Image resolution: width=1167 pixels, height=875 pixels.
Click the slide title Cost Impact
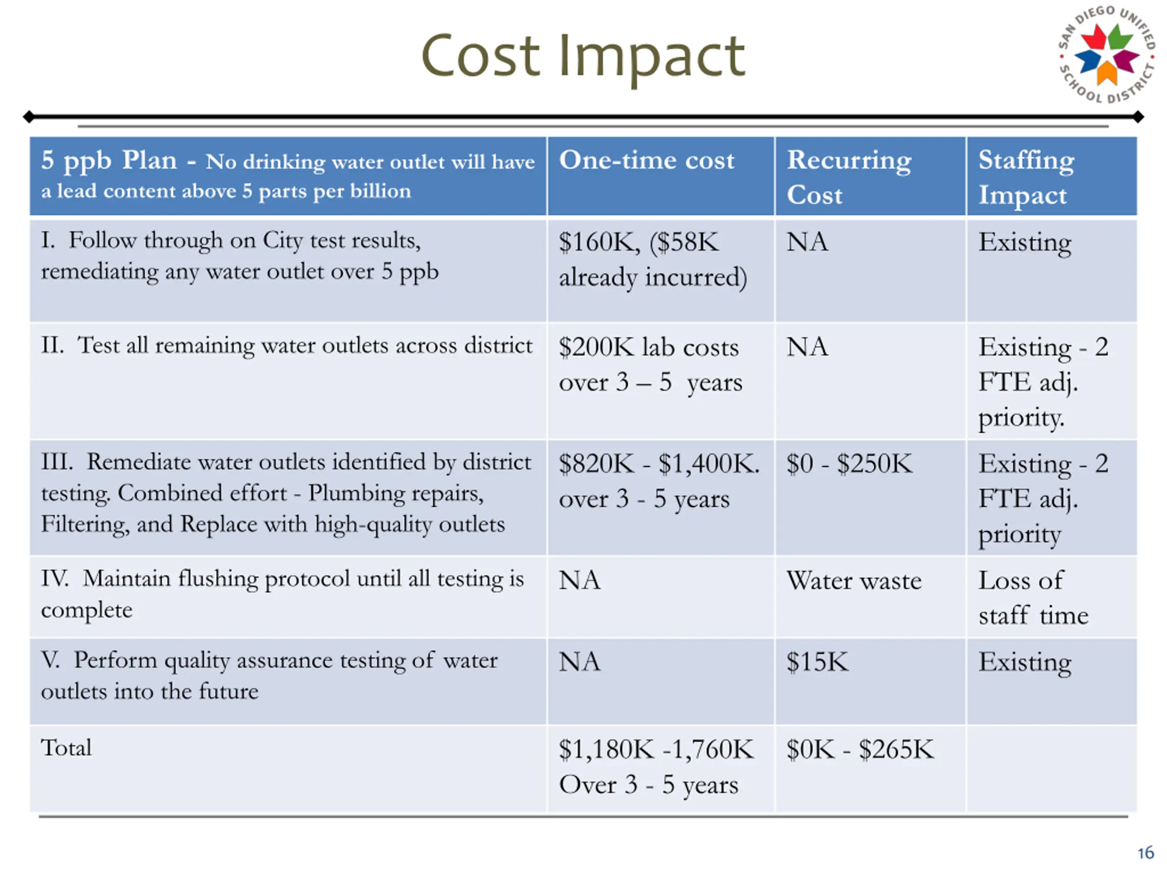pos(583,56)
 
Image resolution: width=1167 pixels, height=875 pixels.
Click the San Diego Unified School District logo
pos(1106,54)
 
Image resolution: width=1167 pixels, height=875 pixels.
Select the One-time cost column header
pos(646,160)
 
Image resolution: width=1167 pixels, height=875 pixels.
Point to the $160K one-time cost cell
pos(653,259)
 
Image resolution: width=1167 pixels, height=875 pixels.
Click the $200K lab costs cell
pos(650,365)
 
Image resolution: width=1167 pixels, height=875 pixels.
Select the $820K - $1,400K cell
pos(659,481)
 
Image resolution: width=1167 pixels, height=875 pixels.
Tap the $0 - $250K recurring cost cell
pos(849,463)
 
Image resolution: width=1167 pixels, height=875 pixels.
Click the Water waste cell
pos(854,581)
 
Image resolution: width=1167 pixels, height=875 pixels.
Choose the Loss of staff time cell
pos(1033,597)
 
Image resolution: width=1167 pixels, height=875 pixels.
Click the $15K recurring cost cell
pos(817,662)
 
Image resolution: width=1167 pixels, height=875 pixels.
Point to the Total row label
pos(67,748)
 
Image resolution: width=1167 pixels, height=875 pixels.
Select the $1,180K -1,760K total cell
pos(656,767)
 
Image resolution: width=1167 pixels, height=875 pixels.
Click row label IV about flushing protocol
pos(282,594)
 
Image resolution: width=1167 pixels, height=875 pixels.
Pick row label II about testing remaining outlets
pos(286,346)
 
